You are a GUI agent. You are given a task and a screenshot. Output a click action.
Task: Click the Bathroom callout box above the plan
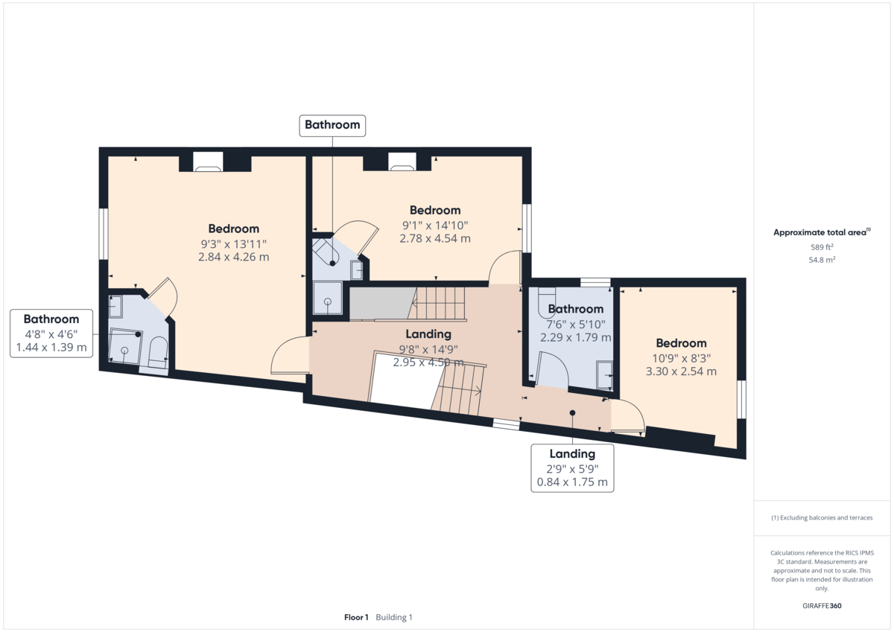point(332,126)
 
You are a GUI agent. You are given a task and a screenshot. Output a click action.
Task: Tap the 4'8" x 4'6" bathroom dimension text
point(51,334)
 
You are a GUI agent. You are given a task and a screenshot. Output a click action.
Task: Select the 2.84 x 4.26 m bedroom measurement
point(233,257)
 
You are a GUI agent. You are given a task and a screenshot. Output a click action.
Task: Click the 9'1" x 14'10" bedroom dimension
point(434,226)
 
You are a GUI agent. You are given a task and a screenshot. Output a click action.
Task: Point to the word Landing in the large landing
point(428,334)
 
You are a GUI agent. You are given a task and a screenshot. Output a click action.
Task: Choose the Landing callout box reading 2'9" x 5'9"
point(572,468)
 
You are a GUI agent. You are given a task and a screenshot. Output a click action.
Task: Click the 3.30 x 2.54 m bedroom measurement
point(681,371)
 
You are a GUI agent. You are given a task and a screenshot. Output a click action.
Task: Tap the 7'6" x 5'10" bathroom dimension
point(575,325)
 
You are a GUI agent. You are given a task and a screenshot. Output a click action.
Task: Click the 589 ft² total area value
point(822,247)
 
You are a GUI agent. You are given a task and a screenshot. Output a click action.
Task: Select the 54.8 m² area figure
point(822,260)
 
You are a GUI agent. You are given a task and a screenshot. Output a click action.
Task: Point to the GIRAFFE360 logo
point(822,606)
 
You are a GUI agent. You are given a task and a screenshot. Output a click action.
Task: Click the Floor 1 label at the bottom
point(356,617)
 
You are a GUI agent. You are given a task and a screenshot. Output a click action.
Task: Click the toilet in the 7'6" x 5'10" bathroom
point(546,300)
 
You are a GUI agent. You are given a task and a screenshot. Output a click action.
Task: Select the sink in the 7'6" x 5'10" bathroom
point(604,375)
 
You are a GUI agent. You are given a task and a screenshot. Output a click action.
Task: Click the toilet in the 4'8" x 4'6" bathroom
point(158,353)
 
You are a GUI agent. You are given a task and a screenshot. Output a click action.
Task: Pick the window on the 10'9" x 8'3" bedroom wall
point(741,399)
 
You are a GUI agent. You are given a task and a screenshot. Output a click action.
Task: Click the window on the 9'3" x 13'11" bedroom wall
point(104,234)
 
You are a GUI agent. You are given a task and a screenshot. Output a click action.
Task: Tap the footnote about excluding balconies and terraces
point(822,517)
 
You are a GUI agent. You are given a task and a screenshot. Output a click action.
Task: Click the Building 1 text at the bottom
point(394,617)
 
